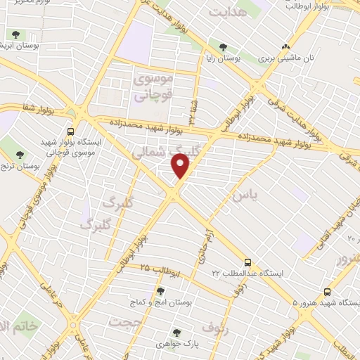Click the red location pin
tap(181, 165)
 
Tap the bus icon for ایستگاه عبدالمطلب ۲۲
tap(247, 262)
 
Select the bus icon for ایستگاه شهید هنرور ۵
tap(327, 292)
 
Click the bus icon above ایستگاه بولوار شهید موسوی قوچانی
tap(70, 131)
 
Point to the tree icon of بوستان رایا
tap(223, 48)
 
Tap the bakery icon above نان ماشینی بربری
tap(285, 47)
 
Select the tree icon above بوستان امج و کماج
tap(160, 291)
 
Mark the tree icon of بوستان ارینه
tap(14, 34)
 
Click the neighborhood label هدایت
tap(229, 12)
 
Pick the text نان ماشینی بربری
tap(286, 59)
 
